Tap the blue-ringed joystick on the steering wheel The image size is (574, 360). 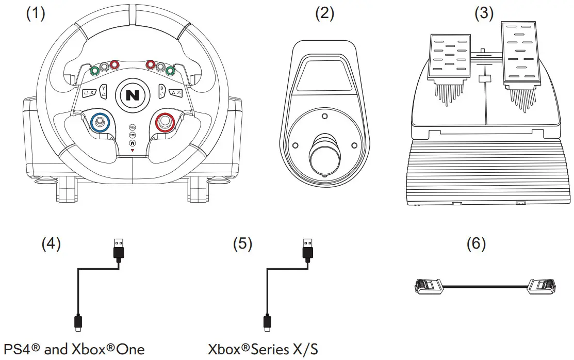pyautogui.click(x=101, y=122)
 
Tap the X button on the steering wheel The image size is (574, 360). pyautogui.click(x=89, y=92)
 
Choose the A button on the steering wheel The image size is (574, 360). pyautogui.click(x=175, y=92)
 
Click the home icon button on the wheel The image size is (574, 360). pyautogui.click(x=133, y=143)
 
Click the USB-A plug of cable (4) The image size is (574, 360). pyautogui.click(x=118, y=249)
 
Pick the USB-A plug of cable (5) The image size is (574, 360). pyautogui.click(x=307, y=249)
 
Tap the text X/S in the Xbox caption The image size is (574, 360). pyautogui.click(x=304, y=349)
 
